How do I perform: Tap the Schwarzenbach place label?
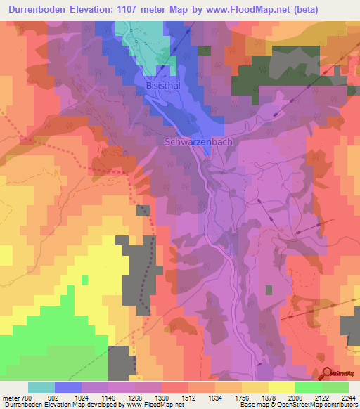(x=198, y=141)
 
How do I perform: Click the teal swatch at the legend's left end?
(x=41, y=387)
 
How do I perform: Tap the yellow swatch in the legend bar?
(x=281, y=387)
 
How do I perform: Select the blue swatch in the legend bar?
(x=67, y=387)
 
